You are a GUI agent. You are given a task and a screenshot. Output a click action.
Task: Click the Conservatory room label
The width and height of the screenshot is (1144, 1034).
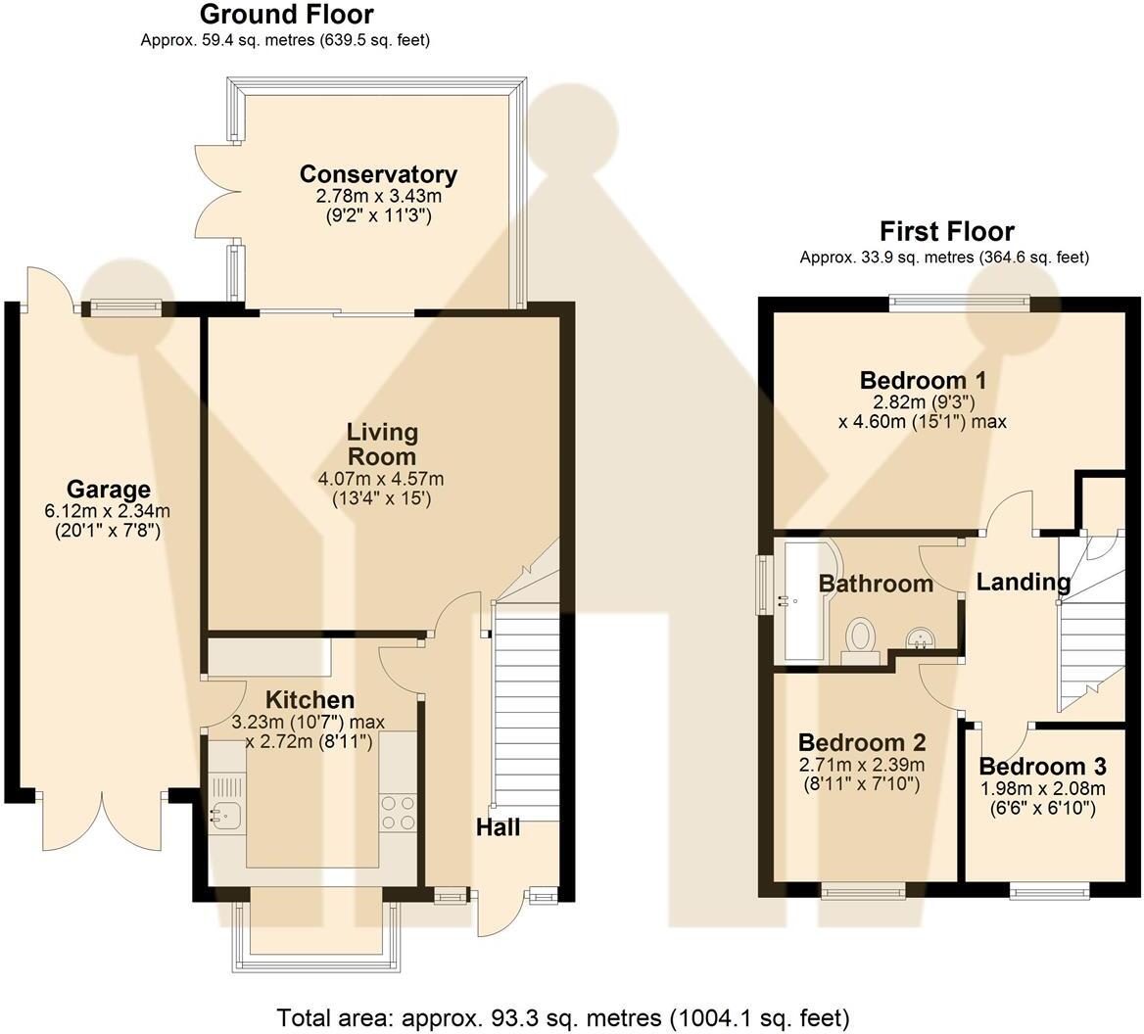tap(379, 174)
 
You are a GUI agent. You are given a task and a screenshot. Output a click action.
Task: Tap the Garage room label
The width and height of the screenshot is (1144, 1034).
tap(109, 490)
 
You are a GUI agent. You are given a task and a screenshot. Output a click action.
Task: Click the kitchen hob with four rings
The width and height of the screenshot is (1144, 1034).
tap(399, 813)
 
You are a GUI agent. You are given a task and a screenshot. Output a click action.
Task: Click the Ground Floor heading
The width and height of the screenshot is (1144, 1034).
tap(287, 14)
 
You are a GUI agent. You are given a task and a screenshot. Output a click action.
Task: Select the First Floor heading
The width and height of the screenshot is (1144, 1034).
tap(947, 231)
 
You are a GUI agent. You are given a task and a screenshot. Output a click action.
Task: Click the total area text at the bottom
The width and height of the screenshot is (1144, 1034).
tap(562, 1017)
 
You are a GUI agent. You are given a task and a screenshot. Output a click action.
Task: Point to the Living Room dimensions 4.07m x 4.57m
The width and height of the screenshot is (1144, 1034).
tap(381, 479)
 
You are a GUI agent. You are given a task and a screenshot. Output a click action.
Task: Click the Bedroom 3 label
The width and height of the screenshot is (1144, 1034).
tap(1042, 767)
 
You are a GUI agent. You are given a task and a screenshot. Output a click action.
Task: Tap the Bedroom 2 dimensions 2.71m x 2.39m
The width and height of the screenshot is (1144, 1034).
tap(862, 765)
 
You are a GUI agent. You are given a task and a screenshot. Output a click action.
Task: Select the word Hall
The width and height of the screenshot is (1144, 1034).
tap(499, 827)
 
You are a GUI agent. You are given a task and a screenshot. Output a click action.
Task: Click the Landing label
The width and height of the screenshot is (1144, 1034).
tap(1024, 582)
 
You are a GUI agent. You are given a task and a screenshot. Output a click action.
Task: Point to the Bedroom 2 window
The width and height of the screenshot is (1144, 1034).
tap(864, 891)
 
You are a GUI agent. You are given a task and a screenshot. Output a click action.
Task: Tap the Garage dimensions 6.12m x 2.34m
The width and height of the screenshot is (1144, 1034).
tap(108, 511)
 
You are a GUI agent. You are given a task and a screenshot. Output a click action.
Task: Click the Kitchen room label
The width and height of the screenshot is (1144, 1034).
tap(310, 700)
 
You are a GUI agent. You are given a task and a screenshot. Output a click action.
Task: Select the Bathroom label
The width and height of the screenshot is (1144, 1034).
tap(876, 584)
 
